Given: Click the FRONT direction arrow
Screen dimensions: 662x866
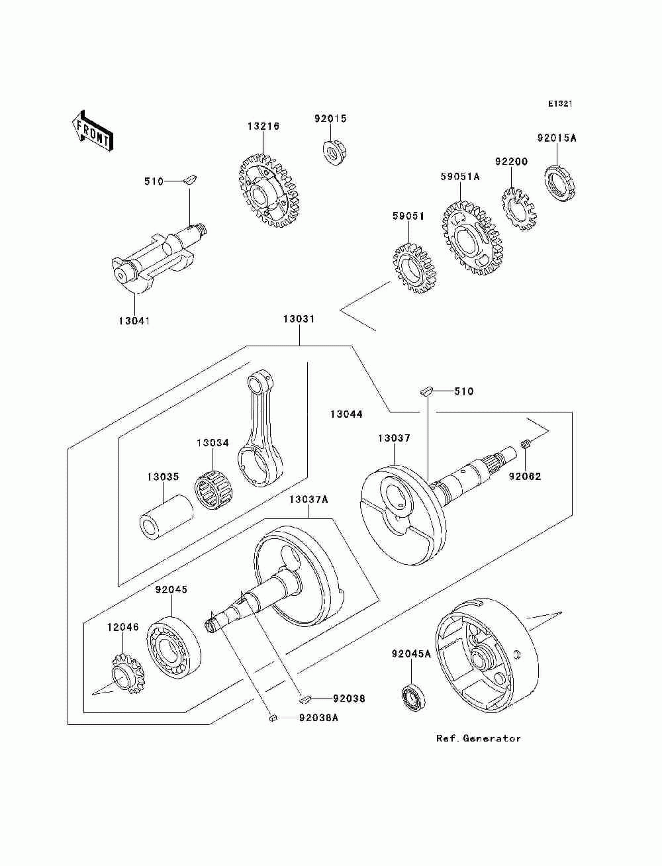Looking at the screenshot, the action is tap(93, 130).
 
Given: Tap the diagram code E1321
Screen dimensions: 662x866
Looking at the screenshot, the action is tap(560, 104).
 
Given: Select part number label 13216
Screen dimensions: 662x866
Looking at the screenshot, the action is tap(263, 126).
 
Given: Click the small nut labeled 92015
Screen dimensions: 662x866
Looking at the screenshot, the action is tap(334, 152).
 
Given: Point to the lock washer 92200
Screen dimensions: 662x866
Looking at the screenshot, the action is tap(519, 209).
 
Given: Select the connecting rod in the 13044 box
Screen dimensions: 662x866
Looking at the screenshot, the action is tap(261, 430).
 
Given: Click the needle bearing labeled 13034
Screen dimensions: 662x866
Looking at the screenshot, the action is tap(213, 490).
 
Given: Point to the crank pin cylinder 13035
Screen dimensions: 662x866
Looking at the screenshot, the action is tap(166, 517).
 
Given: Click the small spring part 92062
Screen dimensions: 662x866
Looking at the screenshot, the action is tap(525, 445).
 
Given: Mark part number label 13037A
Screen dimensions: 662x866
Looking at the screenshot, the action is tap(308, 499).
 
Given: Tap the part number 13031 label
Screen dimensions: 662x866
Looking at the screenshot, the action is tap(299, 318).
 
